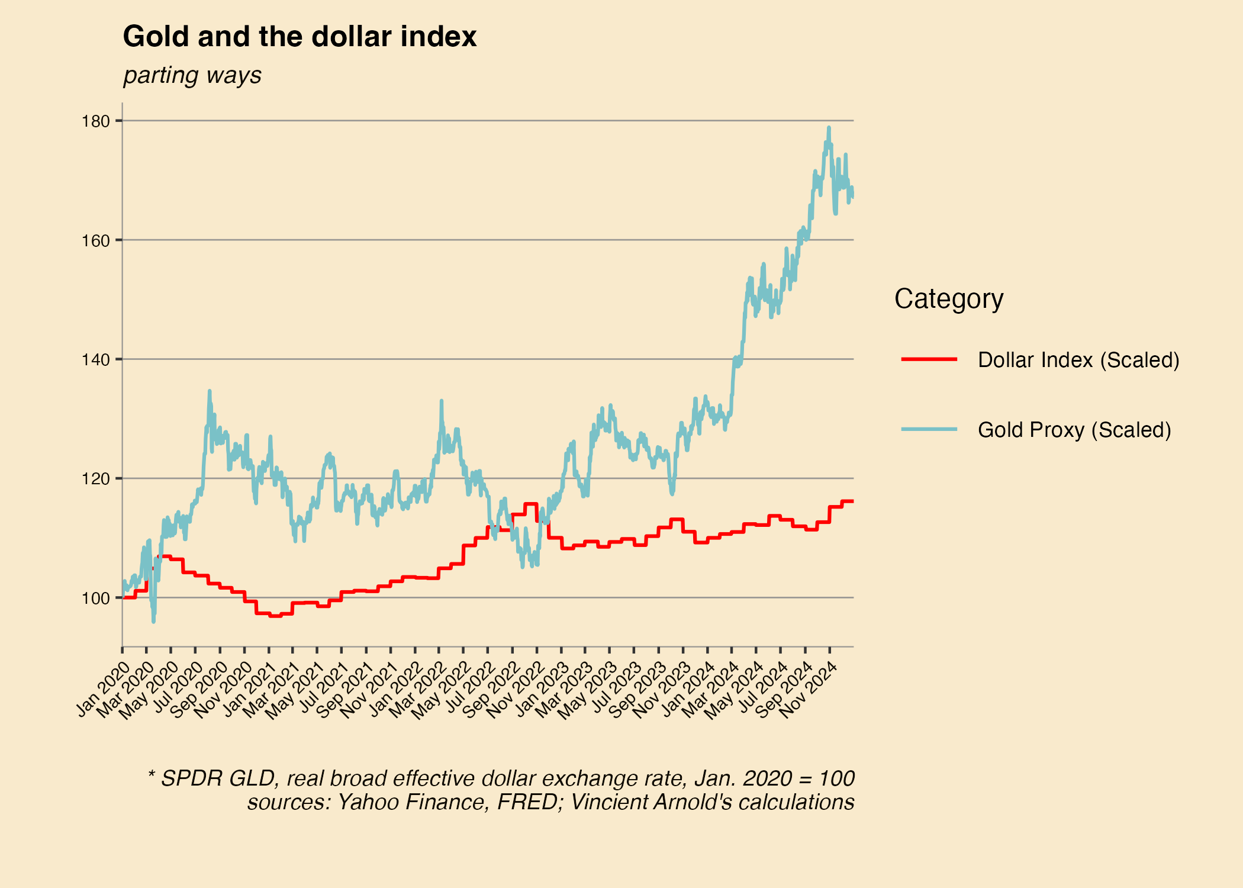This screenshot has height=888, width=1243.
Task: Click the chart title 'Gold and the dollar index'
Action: [x=300, y=37]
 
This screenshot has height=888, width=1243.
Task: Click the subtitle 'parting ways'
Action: [x=192, y=75]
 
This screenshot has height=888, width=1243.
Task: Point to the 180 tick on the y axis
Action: [x=96, y=121]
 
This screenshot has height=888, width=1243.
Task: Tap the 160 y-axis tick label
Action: [x=96, y=241]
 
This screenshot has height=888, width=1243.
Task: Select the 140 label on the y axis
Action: [x=96, y=360]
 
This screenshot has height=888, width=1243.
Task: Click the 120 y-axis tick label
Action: [x=96, y=479]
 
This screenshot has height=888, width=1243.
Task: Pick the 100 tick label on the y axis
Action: [x=96, y=599]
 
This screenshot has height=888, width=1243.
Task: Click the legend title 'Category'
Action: [x=949, y=298]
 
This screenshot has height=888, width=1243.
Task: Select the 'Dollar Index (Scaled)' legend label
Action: [x=1078, y=360]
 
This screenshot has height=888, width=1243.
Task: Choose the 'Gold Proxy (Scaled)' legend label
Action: [x=1074, y=430]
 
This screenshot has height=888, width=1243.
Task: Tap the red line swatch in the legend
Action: [x=929, y=359]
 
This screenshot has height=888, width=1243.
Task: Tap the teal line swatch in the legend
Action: [x=929, y=429]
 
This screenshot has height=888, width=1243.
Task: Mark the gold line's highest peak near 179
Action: [x=829, y=127]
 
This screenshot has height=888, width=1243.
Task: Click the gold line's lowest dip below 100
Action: [x=153, y=621]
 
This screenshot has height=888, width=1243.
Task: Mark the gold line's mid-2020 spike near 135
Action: [x=210, y=391]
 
